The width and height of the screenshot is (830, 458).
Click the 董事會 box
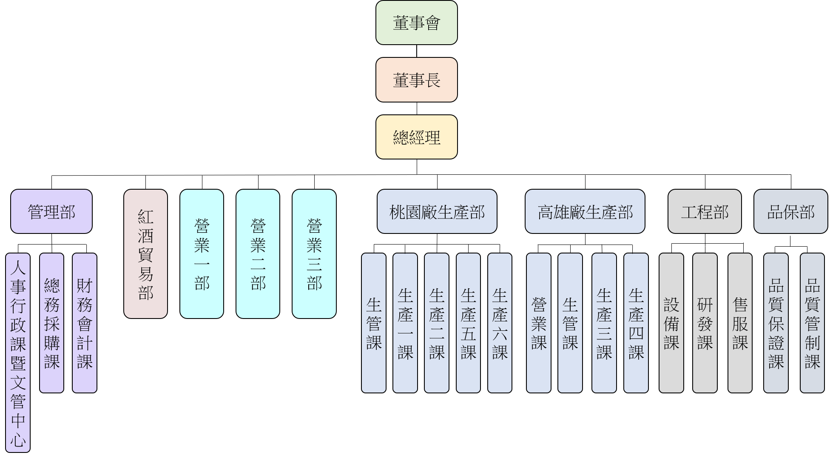pyautogui.click(x=416, y=23)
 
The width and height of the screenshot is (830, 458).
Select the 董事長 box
pyautogui.click(x=416, y=80)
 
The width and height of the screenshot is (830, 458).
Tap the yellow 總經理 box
pyautogui.click(x=416, y=137)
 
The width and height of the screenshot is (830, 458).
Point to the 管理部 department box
pyautogui.click(x=51, y=211)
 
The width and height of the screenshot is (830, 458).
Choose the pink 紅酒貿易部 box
pyautogui.click(x=145, y=254)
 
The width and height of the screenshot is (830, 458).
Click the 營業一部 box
pyautogui.click(x=202, y=254)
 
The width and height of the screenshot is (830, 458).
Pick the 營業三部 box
pyautogui.click(x=314, y=254)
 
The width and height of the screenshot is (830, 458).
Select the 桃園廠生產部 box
pyautogui.click(x=437, y=211)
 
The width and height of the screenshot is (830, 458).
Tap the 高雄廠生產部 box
pyautogui.click(x=585, y=211)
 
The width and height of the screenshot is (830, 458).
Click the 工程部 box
pyautogui.click(x=704, y=211)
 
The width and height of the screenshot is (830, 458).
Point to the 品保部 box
pyautogui.click(x=790, y=211)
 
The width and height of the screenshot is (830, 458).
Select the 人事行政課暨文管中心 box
pyautogui.click(x=18, y=353)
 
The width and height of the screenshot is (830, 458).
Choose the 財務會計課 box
pyautogui.click(x=85, y=323)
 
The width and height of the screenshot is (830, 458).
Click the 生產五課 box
pyautogui.click(x=468, y=323)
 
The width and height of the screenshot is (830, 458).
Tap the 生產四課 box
pyautogui.click(x=636, y=323)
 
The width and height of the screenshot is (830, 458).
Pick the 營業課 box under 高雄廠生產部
pyautogui.click(x=538, y=323)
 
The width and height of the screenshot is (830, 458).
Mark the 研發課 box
pyautogui.click(x=705, y=323)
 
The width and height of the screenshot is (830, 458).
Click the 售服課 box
pyautogui.click(x=740, y=323)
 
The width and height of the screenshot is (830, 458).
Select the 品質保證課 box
pyautogui.click(x=776, y=323)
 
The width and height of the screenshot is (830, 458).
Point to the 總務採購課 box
pyautogui.click(x=51, y=323)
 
